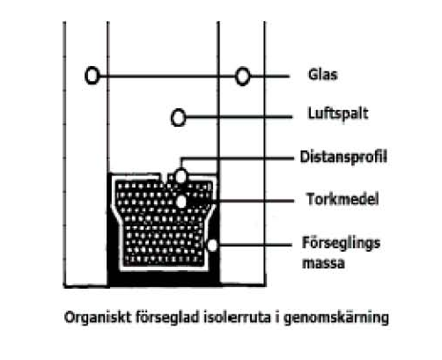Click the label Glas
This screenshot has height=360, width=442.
click(323, 75)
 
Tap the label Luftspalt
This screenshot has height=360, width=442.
click(338, 114)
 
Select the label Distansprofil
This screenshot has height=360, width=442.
click(343, 157)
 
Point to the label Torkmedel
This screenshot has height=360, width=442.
click(343, 199)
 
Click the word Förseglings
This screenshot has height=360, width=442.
click(341, 244)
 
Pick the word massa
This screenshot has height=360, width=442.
click(323, 263)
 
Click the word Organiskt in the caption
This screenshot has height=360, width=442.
click(98, 318)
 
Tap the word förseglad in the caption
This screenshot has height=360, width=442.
click(167, 318)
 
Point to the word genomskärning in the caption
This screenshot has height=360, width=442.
click(336, 318)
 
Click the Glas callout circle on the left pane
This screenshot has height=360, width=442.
click(92, 76)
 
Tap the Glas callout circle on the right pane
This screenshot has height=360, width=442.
click(242, 77)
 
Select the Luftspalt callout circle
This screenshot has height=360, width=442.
click(178, 117)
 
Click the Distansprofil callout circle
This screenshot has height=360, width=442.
click(181, 176)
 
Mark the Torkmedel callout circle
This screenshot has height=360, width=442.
click(181, 202)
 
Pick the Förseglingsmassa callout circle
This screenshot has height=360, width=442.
click(212, 245)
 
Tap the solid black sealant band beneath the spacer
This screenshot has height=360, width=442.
click(164, 279)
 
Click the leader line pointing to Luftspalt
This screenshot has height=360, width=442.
click(239, 117)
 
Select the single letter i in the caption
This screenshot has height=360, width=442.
click(277, 317)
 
